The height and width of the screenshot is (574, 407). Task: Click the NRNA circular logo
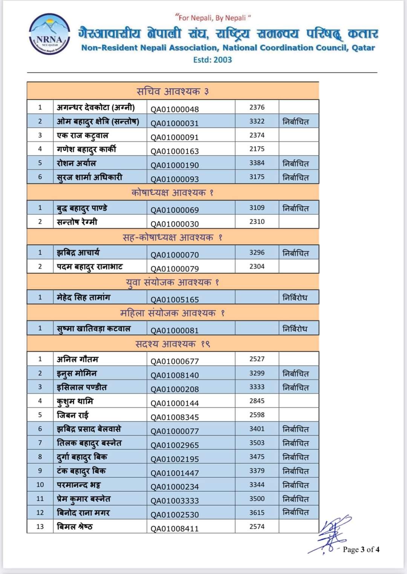click(49, 34)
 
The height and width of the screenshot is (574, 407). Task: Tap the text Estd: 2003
click(213, 60)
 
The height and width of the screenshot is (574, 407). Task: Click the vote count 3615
click(257, 512)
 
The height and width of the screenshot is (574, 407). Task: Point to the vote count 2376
click(257, 107)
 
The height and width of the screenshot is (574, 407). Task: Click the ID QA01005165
click(174, 300)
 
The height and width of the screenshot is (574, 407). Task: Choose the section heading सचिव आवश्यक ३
click(173, 91)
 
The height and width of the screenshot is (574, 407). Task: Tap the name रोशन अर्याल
click(77, 163)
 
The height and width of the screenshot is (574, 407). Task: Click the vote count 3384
click(257, 163)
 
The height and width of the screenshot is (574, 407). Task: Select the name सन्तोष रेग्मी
click(77, 222)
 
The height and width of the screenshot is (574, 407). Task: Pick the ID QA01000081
click(174, 331)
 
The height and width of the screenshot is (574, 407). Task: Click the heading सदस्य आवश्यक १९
click(173, 344)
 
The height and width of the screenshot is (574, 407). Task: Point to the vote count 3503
click(257, 443)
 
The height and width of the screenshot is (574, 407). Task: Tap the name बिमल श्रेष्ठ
click(75, 526)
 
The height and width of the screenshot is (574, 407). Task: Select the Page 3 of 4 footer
click(361, 549)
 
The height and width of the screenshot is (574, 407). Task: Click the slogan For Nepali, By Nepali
click(213, 18)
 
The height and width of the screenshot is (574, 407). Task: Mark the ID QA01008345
click(174, 417)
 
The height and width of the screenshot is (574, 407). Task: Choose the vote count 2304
click(257, 266)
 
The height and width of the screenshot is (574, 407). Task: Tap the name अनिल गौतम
click(77, 359)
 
